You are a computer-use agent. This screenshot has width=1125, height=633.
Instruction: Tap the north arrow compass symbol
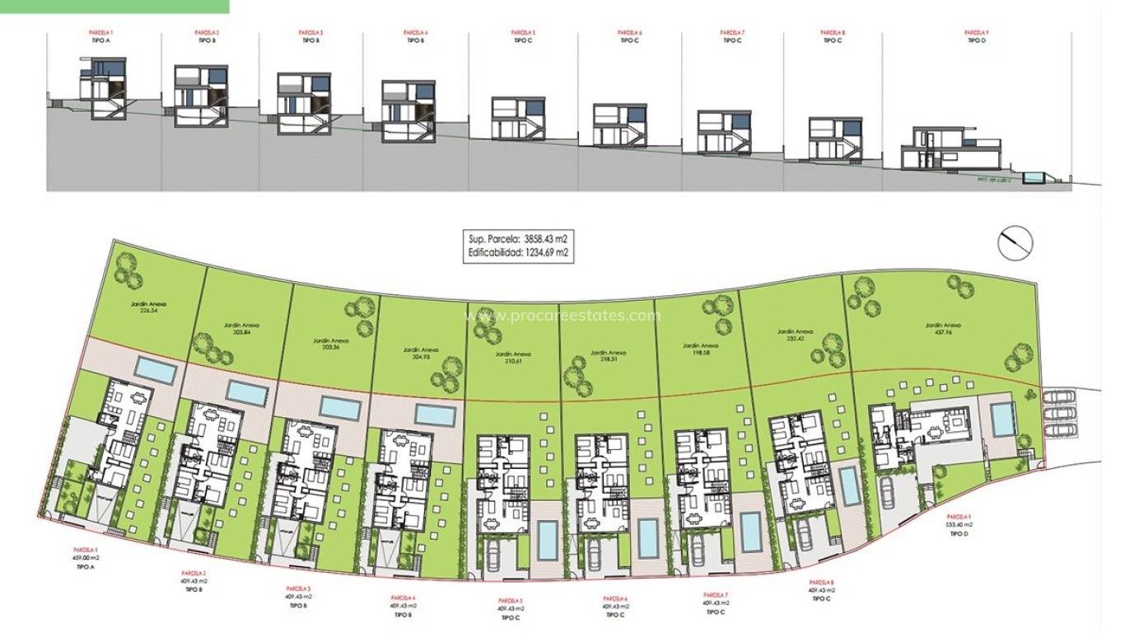point(1015,242)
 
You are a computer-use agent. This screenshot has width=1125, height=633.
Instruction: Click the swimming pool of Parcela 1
point(156,370)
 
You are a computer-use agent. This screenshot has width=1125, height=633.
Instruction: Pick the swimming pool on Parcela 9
point(1003,419)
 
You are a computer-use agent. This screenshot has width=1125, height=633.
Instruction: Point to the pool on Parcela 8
point(848,485)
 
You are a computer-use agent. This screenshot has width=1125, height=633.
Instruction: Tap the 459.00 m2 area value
point(86,558)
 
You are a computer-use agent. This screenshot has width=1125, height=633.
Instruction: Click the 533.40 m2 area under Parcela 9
point(958,525)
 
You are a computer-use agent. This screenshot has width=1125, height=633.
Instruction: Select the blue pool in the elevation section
point(1033,177)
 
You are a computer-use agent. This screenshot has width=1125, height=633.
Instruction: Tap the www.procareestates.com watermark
point(562,316)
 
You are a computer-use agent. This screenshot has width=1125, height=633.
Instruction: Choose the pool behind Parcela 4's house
point(436,415)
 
